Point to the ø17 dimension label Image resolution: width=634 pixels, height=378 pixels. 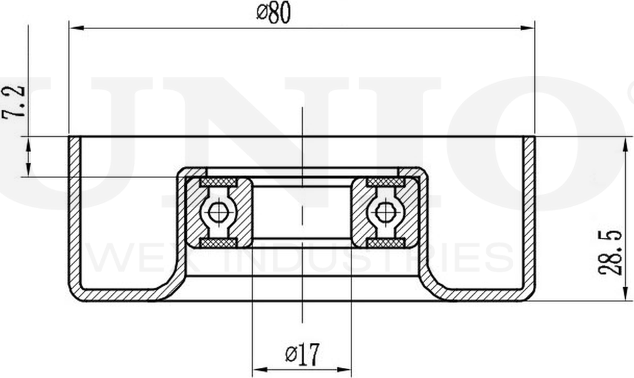302,353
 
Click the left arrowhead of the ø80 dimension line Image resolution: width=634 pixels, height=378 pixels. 76,28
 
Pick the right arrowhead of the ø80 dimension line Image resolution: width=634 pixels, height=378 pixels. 528,28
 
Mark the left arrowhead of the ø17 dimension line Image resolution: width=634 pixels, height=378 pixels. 258,370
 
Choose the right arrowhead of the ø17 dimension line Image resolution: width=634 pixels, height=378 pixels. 345,370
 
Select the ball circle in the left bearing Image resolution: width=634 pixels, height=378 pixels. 217,212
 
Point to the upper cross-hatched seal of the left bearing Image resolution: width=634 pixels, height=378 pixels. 217,183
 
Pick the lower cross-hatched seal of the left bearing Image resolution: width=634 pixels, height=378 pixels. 217,241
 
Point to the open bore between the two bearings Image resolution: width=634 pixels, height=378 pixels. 301,212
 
